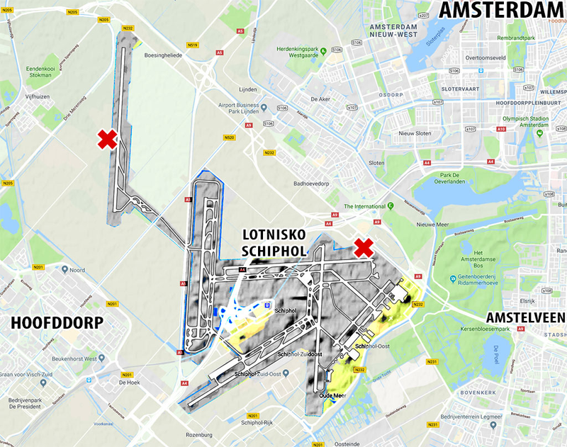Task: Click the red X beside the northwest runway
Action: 107,140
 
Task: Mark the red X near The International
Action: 364,247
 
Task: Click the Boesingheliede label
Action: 163,54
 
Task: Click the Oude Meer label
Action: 332,396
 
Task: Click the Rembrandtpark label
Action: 515,38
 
